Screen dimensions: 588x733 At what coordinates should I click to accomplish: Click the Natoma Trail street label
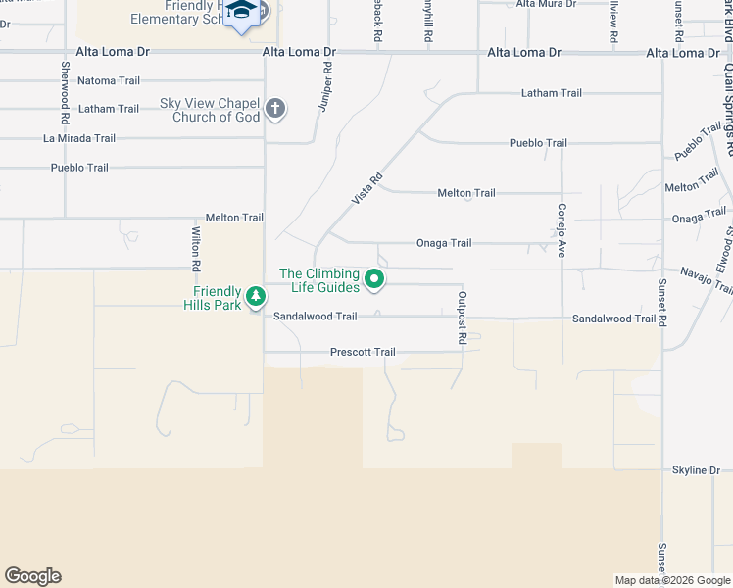coord(109,80)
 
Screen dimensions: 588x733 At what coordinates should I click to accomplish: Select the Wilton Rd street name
coord(196,248)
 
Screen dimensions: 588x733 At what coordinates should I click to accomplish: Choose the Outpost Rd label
coord(462,317)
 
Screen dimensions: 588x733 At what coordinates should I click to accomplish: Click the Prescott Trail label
coord(363,352)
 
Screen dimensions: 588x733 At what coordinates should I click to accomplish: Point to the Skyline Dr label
coord(696,470)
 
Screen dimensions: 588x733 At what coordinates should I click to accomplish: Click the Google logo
coord(32,576)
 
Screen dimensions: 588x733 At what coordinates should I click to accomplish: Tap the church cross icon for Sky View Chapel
coord(275,108)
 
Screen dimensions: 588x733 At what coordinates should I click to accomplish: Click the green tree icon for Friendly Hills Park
coord(255,295)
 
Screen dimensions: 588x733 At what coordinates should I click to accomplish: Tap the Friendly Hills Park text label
coord(217,298)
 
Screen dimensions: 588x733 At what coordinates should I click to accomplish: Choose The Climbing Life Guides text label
coord(318,280)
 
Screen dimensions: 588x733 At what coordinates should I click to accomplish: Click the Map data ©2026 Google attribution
coord(673,580)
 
